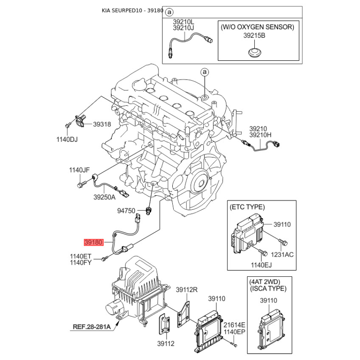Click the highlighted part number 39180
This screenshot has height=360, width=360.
(x=94, y=242)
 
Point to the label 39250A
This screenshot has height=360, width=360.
(x=104, y=197)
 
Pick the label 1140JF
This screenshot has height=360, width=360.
(x=79, y=170)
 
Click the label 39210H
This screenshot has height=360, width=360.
(x=261, y=135)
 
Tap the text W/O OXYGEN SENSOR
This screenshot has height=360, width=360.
(x=257, y=27)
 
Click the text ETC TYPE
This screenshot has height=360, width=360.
(x=247, y=207)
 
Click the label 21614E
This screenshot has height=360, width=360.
(x=235, y=325)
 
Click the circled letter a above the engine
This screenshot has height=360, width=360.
(x=204, y=72)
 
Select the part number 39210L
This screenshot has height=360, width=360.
(x=184, y=21)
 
